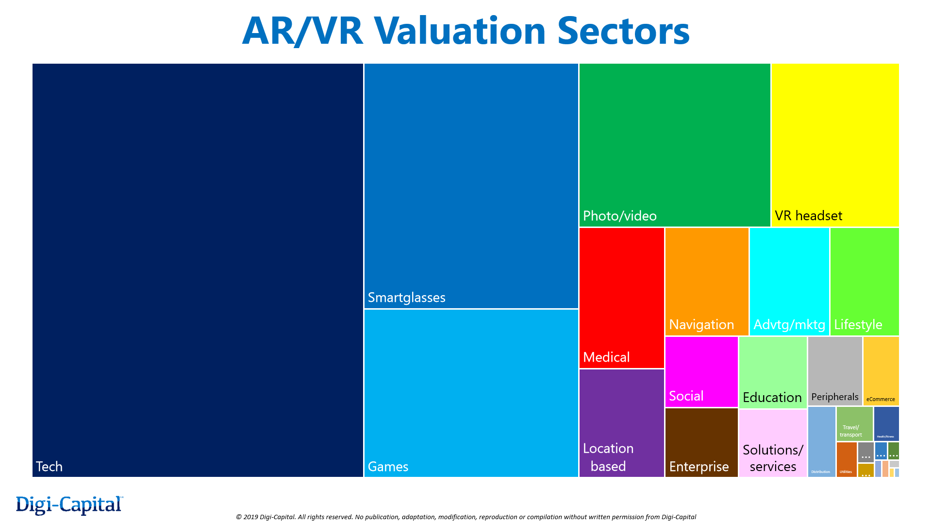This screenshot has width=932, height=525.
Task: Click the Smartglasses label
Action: point(406,297)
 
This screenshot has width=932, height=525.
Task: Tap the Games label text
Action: point(388,467)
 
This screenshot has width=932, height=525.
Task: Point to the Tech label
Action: point(49,467)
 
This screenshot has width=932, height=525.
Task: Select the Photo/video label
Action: point(619,216)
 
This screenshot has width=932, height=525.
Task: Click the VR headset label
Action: point(808,216)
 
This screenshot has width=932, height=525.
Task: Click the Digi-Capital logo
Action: point(69,505)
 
